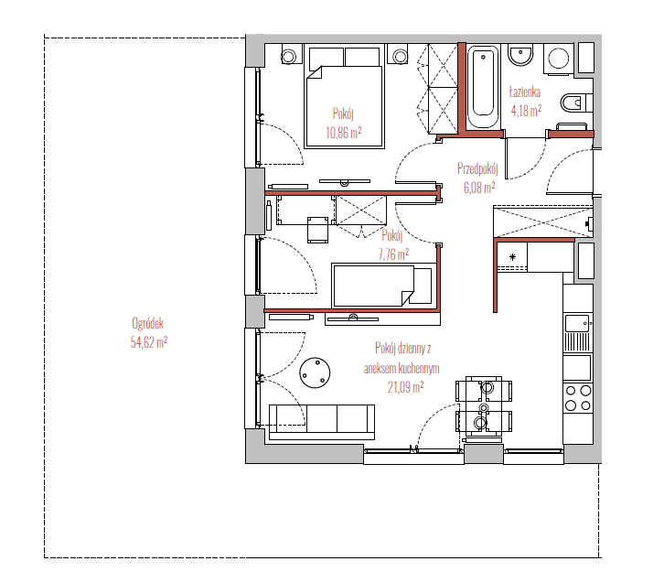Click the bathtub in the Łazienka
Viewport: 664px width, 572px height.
click(x=483, y=86)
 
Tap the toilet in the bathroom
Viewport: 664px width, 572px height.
click(x=576, y=103)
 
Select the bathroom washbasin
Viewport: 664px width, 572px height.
click(x=520, y=56)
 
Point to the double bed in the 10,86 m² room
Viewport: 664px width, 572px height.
click(x=344, y=97)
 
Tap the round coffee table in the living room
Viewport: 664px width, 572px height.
click(x=315, y=372)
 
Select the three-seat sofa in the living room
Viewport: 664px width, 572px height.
click(x=322, y=422)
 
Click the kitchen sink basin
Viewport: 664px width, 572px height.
click(x=576, y=323)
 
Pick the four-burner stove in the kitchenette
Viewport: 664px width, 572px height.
click(x=578, y=398)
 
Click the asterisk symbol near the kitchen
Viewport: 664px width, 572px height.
click(x=512, y=257)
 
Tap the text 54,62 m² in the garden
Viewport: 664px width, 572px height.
click(x=149, y=342)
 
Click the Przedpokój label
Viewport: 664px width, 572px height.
click(x=477, y=168)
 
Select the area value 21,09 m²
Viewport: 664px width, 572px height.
click(x=406, y=387)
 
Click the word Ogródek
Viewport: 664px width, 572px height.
click(x=148, y=324)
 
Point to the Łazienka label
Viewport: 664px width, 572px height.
click(x=525, y=92)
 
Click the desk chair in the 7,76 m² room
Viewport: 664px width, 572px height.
click(x=317, y=230)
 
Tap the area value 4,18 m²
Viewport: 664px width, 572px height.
click(x=526, y=111)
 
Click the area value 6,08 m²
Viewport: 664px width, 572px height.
click(x=479, y=188)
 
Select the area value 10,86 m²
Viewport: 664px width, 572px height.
click(x=344, y=133)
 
